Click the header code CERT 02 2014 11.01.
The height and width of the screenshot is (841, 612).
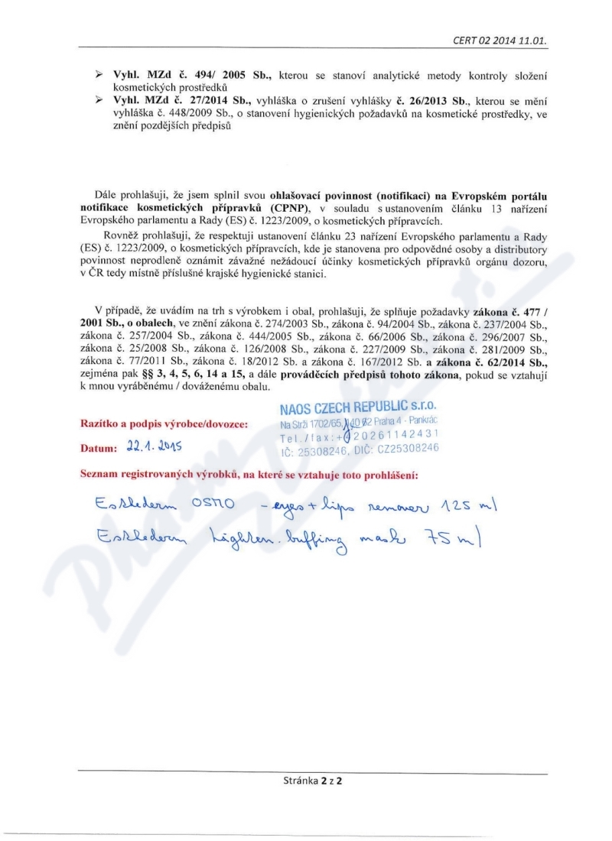[x=500, y=40]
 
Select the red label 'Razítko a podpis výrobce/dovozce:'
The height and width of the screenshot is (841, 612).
[x=163, y=423]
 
